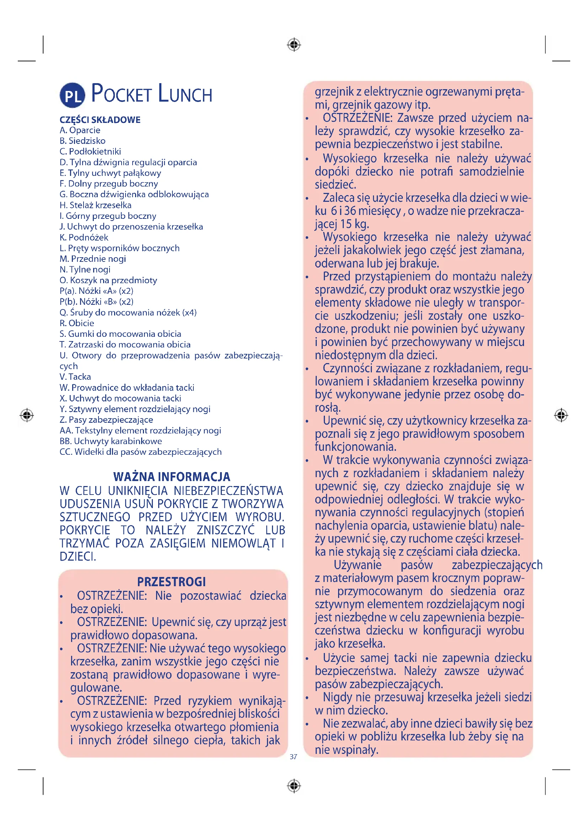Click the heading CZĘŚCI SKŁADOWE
coord(100,120)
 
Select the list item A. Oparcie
coord(80,130)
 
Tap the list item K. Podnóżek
coord(84,237)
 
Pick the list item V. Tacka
coord(75,377)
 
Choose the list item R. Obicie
coord(77,323)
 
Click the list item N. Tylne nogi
coord(85,270)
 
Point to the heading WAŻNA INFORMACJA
coord(172,477)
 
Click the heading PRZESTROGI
coord(172,582)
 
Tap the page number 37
coord(293,757)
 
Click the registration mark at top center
coord(294,45)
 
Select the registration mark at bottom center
coord(294,786)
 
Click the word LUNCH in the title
coord(185,94)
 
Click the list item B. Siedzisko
coord(82,141)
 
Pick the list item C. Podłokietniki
coord(90,152)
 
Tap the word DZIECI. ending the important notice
coord(78,557)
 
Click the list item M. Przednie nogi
coord(93,259)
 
